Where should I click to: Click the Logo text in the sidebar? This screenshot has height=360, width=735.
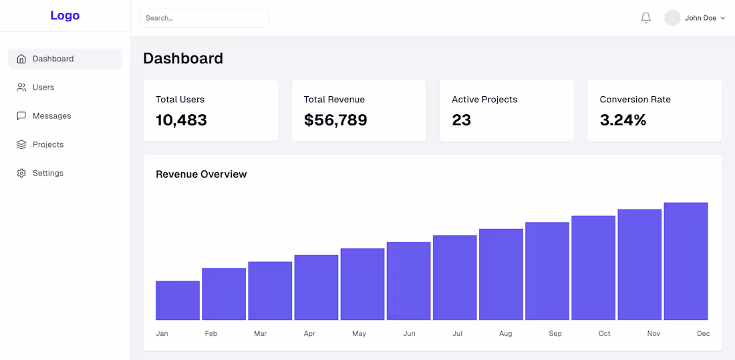[65, 15]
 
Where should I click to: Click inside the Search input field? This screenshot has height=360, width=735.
[204, 18]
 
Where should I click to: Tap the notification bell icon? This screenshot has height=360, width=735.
[645, 18]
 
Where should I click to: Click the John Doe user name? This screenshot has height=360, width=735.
[700, 18]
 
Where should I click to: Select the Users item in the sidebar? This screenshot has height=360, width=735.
[43, 87]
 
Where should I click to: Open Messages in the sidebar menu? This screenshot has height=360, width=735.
[51, 116]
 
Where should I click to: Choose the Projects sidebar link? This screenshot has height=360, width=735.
[48, 144]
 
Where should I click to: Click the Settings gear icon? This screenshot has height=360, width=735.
[21, 173]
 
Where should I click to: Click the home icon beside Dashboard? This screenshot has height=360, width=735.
[21, 59]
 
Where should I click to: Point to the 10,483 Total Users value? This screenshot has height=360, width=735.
[181, 120]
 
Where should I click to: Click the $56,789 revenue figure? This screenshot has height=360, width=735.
[335, 120]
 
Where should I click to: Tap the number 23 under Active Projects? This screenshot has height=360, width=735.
[461, 120]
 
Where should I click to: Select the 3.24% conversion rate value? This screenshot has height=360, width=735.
[623, 120]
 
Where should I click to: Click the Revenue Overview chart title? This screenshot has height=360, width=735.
[201, 174]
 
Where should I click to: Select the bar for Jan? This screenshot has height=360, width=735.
[178, 301]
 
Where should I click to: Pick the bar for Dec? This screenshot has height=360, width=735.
[686, 261]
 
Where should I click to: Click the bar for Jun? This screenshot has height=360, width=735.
[409, 281]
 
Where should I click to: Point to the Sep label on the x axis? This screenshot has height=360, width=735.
[555, 333]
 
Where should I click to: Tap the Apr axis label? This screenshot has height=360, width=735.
[309, 333]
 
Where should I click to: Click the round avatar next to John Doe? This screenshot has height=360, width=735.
[672, 18]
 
